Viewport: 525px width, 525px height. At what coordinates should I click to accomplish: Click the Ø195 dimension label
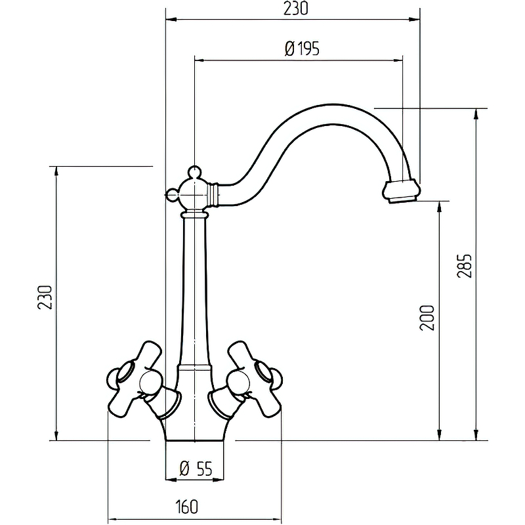click(303, 49)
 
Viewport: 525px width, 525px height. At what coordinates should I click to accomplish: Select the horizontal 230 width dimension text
click(293, 9)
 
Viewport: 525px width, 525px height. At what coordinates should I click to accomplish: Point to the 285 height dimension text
click(464, 266)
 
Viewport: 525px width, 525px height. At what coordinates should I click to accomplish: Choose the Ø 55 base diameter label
click(195, 468)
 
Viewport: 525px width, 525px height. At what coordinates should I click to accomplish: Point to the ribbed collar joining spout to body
click(215, 193)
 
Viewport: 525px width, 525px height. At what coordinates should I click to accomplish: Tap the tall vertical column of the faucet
click(195, 289)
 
